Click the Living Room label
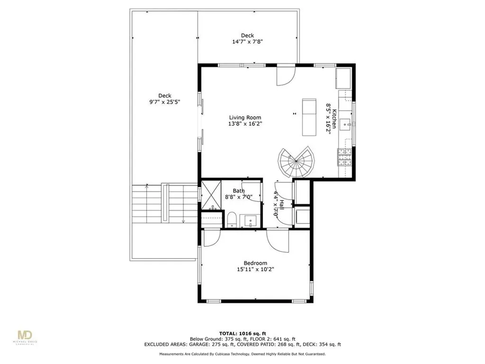point(245,118)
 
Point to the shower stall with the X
point(210,194)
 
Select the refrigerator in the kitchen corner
point(343,78)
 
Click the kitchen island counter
point(309,117)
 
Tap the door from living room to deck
point(286,76)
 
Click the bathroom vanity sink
point(250,220)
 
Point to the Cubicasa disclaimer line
point(242,354)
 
